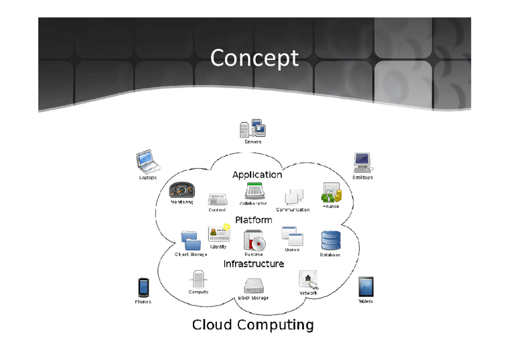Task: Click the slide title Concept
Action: coord(254,58)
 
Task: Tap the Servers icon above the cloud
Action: coord(252,128)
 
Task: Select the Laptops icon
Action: coord(147,162)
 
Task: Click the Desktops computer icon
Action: coord(362,162)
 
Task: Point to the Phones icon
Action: coord(142,287)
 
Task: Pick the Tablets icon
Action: coord(366,286)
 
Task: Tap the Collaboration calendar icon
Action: coord(253,190)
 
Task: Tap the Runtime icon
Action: coord(253,240)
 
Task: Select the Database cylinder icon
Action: coord(330,240)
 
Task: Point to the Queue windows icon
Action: coord(292,235)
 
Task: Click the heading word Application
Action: coord(257,175)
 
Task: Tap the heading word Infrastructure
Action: coord(253,264)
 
